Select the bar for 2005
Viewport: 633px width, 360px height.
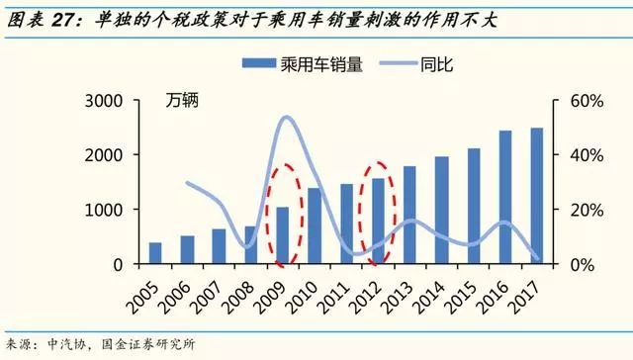pos(155,253)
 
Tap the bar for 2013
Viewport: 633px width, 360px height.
pos(381,215)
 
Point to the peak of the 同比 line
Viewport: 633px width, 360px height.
pos(287,118)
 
